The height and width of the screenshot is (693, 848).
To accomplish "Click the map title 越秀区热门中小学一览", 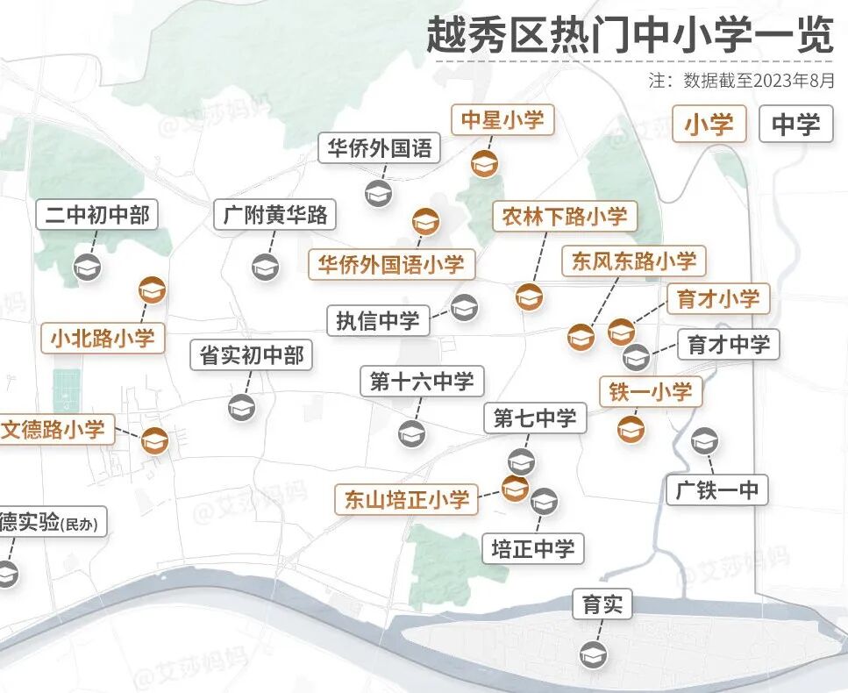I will [x=629, y=34].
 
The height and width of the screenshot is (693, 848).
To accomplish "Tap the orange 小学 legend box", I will [x=709, y=125].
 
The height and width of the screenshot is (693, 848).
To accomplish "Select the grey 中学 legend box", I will [x=795, y=125].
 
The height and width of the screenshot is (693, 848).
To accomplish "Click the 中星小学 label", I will [x=502, y=120].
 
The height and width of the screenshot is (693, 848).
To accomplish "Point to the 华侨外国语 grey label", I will [x=380, y=148].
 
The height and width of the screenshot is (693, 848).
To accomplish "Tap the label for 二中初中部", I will [x=97, y=215].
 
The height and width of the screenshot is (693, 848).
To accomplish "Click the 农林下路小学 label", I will [x=565, y=217].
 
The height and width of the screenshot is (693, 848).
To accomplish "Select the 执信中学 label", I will [x=378, y=321].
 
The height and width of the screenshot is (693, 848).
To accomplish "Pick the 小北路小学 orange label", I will [x=103, y=338].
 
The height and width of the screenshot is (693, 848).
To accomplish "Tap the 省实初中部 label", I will [x=252, y=355].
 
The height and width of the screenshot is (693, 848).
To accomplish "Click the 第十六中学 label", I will [x=422, y=382].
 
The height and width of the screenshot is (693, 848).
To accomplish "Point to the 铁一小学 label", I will [x=651, y=392].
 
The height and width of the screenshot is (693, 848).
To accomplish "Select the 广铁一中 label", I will [x=717, y=489].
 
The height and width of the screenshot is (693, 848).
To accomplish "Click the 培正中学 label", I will [x=533, y=549].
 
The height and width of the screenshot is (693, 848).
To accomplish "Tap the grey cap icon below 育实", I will [x=593, y=654].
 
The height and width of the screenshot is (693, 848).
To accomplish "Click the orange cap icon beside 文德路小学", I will [x=154, y=440].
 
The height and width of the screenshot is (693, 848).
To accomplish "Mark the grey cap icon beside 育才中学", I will [x=636, y=357].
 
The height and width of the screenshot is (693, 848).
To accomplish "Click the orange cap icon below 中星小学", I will [x=484, y=163].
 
